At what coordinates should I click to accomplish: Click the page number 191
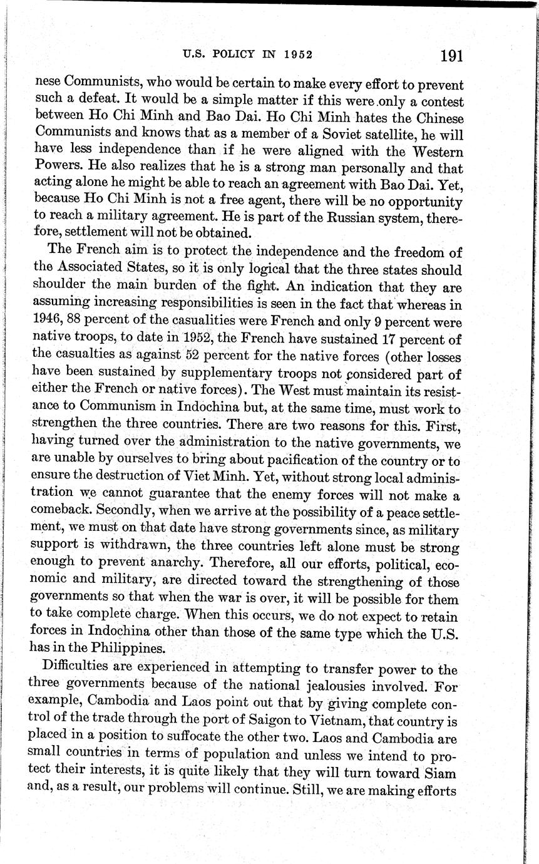(x=451, y=56)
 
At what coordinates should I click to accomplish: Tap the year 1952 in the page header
(x=297, y=54)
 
